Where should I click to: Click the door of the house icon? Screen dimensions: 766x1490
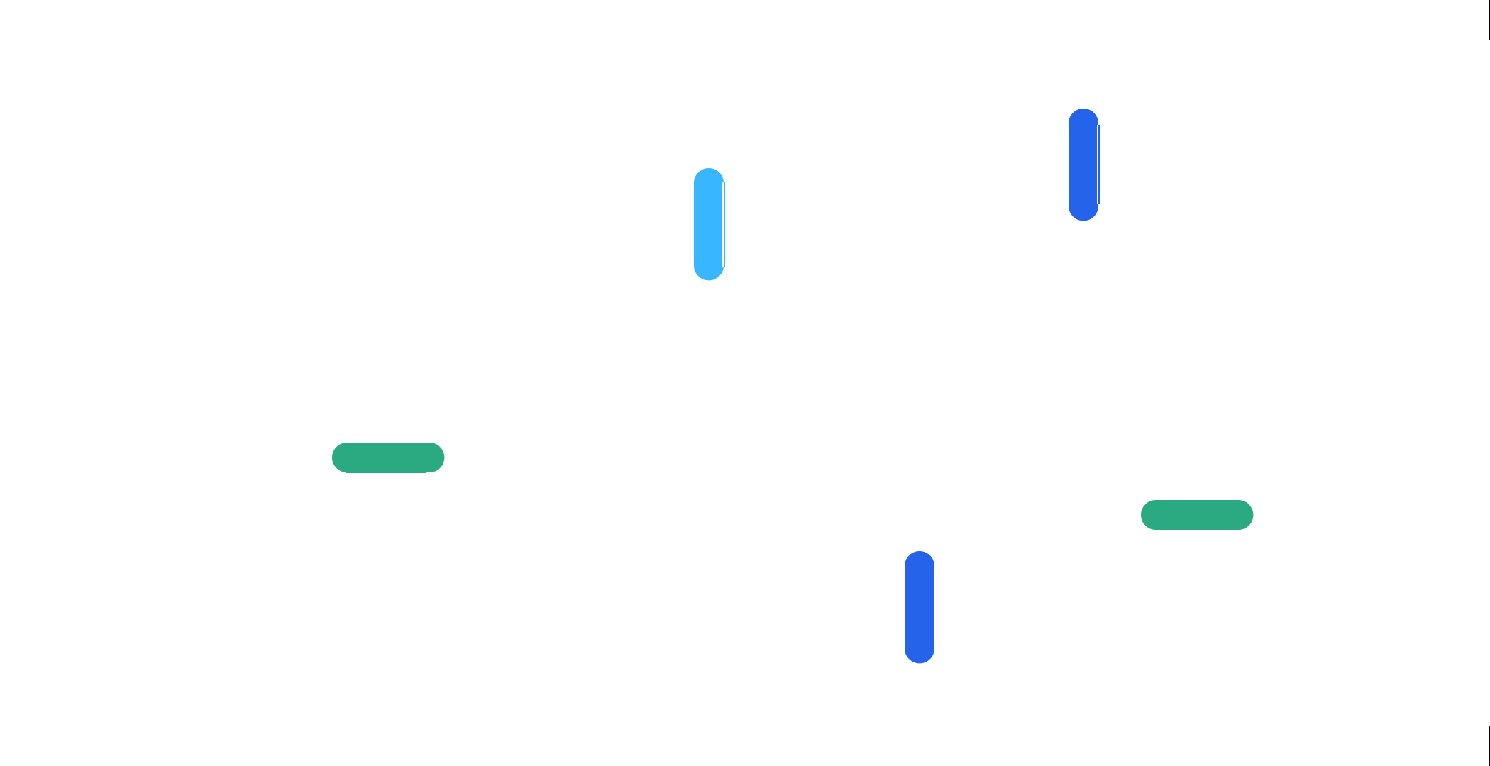click(708, 447)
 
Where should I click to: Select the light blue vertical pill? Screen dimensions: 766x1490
click(709, 224)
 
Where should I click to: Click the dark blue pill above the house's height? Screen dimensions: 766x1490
click(1083, 165)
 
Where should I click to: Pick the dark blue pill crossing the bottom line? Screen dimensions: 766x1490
click(919, 607)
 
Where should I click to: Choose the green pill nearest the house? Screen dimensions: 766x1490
click(388, 457)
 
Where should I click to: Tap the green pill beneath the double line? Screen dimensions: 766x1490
click(1197, 515)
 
